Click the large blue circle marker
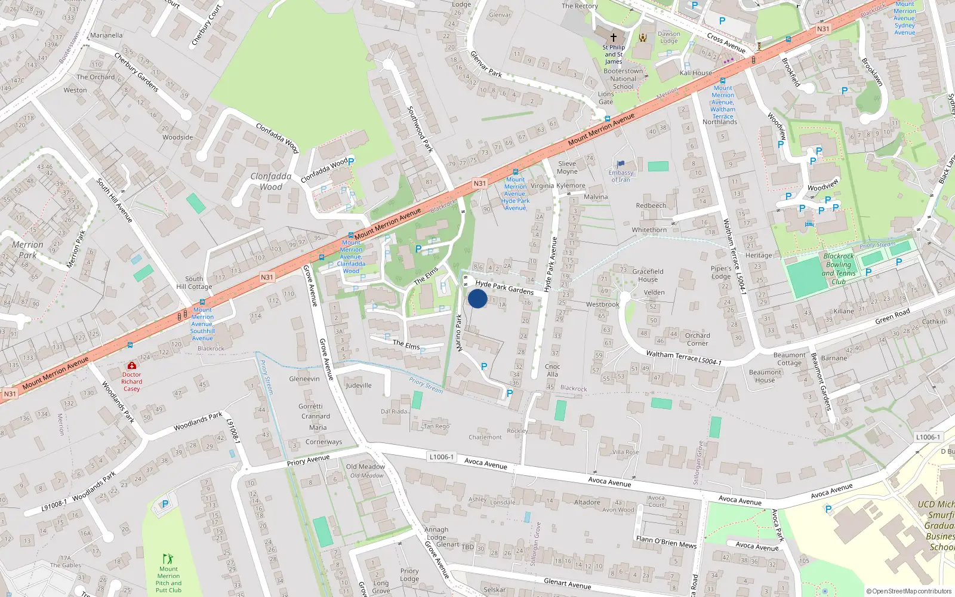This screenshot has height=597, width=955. coord(478,298)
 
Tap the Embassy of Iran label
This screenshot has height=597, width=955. coord(621,176)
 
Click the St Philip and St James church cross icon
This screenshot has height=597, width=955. coord(613,37)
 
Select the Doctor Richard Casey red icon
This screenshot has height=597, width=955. coord(132,365)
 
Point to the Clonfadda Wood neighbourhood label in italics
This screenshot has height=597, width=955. coord(271,181)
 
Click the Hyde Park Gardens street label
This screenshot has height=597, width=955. coord(504,288)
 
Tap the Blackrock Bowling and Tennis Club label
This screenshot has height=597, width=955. coord(839,269)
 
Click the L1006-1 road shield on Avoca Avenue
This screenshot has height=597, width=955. coord(441,457)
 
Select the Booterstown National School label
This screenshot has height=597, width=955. coord(623,79)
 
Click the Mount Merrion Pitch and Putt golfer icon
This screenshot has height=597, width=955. coord(168,559)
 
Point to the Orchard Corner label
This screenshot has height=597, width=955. coord(697,339)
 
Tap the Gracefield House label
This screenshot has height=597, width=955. coord(648,275)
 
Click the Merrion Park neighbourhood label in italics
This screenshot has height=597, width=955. coord(27,250)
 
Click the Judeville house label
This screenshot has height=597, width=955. coord(359,386)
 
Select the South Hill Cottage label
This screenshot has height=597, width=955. coord(194,282)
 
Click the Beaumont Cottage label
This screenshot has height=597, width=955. coord(789,359)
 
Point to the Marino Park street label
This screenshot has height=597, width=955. coord(459,333)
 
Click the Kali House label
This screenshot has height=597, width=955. coord(696,73)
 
